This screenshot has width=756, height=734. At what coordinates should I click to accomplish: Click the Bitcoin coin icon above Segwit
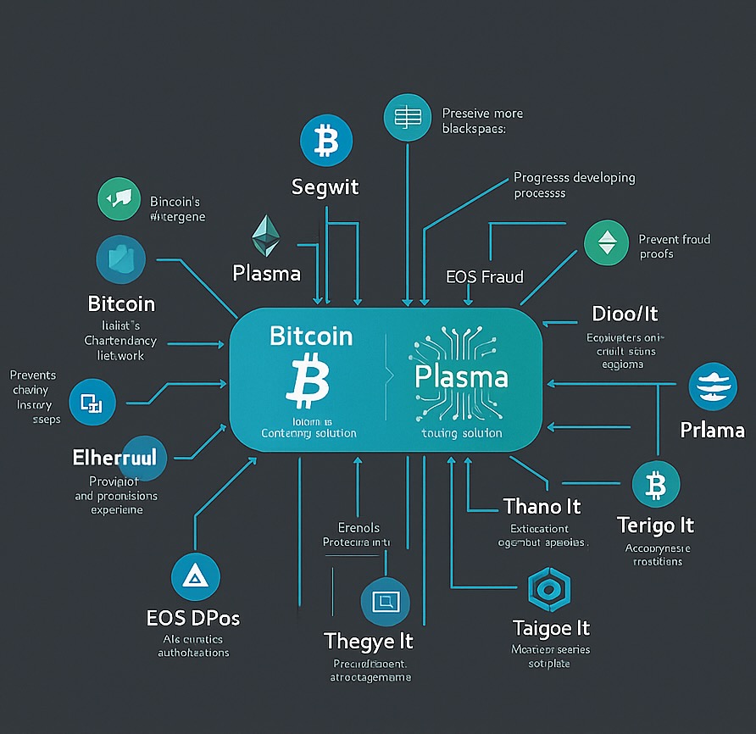(x=325, y=142)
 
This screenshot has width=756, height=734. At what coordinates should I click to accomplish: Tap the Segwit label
(x=326, y=187)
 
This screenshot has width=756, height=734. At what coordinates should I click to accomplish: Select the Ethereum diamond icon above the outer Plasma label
(x=266, y=236)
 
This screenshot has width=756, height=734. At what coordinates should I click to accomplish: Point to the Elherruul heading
(x=114, y=459)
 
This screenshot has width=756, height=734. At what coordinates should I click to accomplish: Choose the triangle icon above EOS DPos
(x=195, y=578)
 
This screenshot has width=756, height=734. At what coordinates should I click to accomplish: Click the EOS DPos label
(x=193, y=618)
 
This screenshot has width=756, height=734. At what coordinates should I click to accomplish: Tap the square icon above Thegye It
(x=385, y=602)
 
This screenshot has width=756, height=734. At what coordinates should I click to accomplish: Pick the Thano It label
(x=542, y=507)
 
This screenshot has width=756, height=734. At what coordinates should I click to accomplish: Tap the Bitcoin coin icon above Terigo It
(x=655, y=486)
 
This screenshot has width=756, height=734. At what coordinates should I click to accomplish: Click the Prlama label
(x=713, y=431)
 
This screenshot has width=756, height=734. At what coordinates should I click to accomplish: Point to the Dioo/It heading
(x=625, y=314)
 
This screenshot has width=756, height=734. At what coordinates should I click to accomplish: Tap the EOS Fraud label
(x=484, y=276)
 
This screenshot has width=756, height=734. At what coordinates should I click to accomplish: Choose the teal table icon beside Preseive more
(x=408, y=117)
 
